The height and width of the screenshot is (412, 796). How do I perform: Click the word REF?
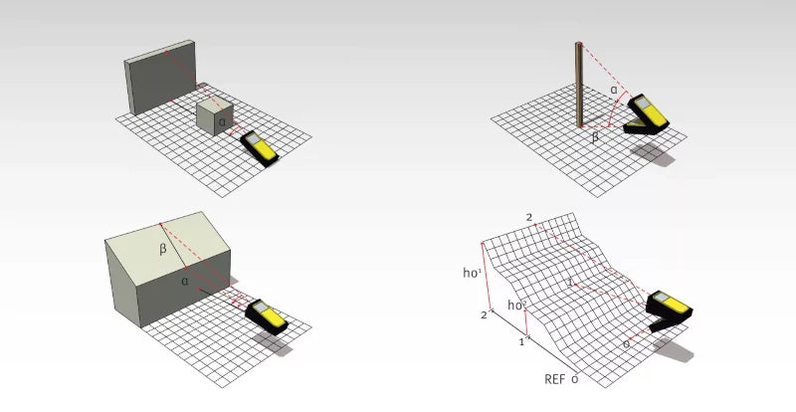pos(554,379)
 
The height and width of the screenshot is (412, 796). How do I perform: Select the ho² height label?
pos(516,305)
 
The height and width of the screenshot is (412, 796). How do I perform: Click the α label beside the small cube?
pos(222,122)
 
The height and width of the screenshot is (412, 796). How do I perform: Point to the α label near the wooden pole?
pos(614,90)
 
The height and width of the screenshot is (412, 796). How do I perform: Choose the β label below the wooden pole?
pos(595,136)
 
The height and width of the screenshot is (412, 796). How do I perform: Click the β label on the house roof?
pos(163,249)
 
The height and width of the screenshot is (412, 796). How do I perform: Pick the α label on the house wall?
pos(185,281)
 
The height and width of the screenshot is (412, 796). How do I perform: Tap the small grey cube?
pos(215,116)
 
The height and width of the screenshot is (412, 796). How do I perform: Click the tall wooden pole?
pos(579,85)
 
